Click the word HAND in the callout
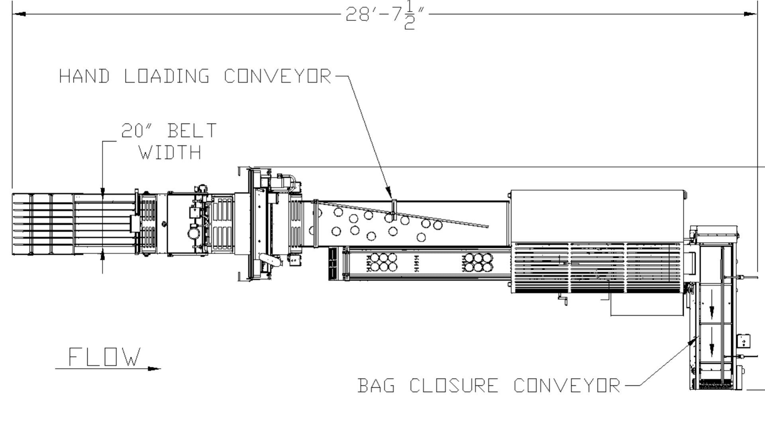point(84,76)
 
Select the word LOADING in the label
point(167,76)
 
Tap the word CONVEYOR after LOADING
point(277,76)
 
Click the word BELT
point(192,131)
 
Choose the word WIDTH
point(170,152)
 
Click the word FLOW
point(105,357)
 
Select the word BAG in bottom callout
point(377,385)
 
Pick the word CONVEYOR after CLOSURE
point(567,385)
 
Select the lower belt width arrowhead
point(102,256)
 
